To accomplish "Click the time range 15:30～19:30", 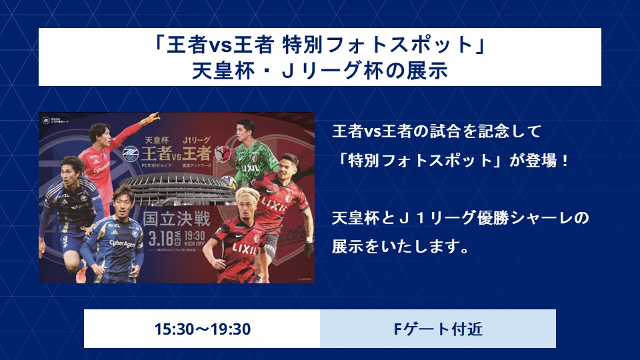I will [202, 329].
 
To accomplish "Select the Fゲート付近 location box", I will [438, 329].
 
